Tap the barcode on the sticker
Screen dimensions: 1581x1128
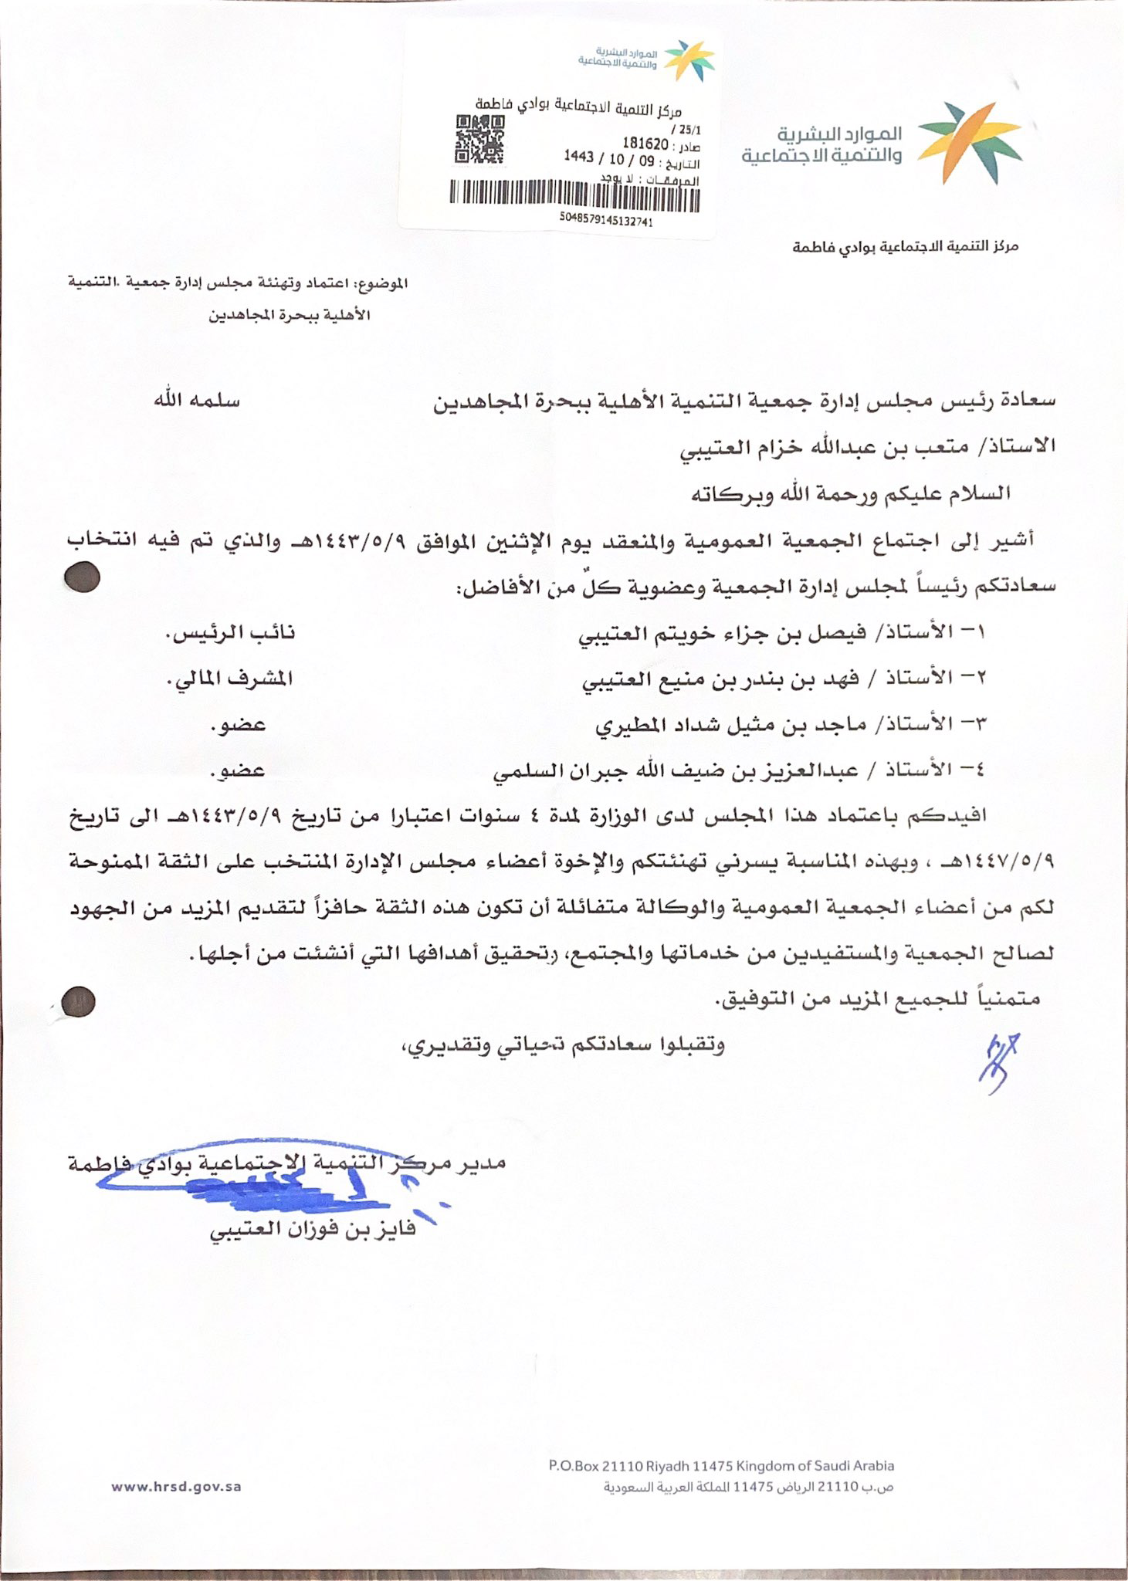coord(574,195)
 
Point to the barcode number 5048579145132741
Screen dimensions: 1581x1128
coord(608,221)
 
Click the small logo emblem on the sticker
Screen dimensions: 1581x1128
coord(690,59)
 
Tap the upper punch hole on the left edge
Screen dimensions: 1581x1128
coord(83,577)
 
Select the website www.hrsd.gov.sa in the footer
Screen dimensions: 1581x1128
coord(176,1486)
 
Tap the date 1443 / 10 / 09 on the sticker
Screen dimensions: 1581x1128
coord(608,157)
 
